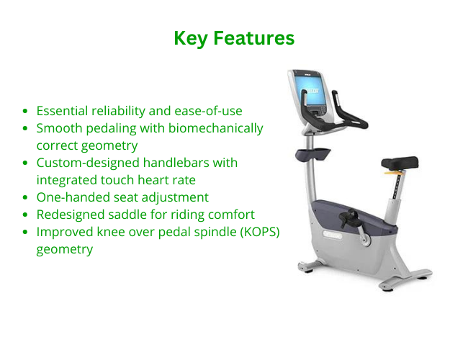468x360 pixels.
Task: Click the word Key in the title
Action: tap(191, 39)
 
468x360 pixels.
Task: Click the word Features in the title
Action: tap(254, 38)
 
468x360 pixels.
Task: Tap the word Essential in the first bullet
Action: tap(62, 111)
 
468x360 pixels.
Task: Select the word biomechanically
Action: tap(216, 129)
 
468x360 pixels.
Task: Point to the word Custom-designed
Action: tap(88, 163)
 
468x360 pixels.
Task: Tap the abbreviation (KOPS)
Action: tap(260, 232)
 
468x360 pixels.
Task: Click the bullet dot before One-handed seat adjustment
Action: tap(25, 197)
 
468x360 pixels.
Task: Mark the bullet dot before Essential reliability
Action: tap(25, 111)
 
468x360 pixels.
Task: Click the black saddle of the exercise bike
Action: tap(400, 163)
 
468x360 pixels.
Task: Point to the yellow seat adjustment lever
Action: tap(393, 172)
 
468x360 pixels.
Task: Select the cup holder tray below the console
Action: tap(312, 155)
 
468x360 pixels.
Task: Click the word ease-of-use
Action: tap(208, 111)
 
